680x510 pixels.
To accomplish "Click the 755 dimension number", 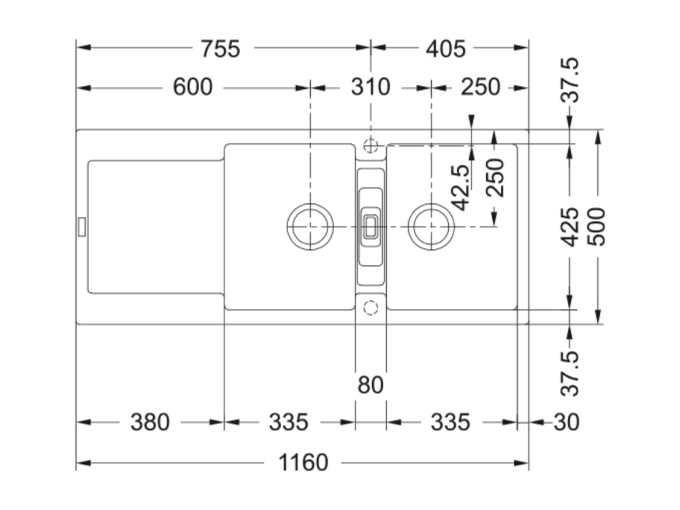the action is [x=220, y=48].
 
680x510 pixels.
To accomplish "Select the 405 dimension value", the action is [x=446, y=48].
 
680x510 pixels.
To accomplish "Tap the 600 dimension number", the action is [x=192, y=87].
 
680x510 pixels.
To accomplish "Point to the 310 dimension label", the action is [x=371, y=87].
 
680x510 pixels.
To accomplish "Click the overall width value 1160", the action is [x=303, y=463].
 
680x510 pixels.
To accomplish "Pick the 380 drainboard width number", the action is [x=150, y=422].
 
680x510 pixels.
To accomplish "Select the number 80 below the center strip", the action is [x=371, y=384].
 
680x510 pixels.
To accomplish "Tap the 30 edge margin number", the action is [x=567, y=422].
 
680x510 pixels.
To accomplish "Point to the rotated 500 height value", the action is [x=597, y=227].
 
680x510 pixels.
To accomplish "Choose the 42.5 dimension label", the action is [x=461, y=187].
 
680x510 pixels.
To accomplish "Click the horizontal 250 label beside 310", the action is [x=480, y=87].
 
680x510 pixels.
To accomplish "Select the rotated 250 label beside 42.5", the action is [x=495, y=178].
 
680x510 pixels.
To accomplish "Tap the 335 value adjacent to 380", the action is [x=288, y=422].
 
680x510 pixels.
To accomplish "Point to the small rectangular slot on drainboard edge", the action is [x=82, y=227].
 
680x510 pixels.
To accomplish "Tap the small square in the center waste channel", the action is [x=371, y=227].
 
